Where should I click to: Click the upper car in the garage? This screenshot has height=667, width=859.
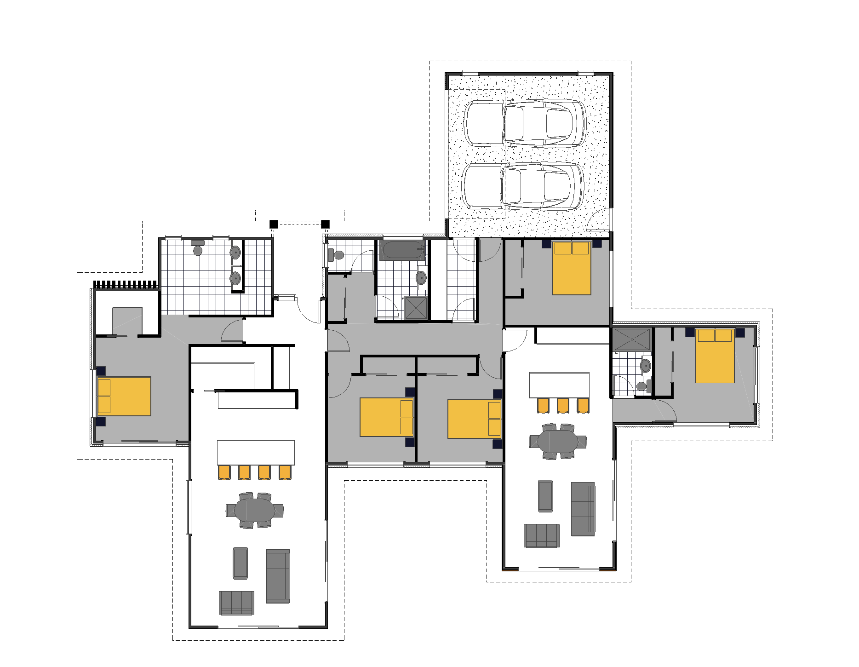pyautogui.click(x=524, y=123)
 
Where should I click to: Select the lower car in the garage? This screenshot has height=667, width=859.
pyautogui.click(x=522, y=186)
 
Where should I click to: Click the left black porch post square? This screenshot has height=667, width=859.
pyautogui.click(x=274, y=224)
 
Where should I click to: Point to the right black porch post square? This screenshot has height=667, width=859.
pyautogui.click(x=325, y=224)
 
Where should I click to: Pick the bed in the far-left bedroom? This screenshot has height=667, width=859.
pyautogui.click(x=124, y=396)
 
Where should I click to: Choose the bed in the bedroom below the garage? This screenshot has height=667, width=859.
pyautogui.click(x=571, y=268)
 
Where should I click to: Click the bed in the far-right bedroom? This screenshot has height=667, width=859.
pyautogui.click(x=715, y=356)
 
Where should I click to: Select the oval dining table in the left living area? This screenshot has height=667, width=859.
pyautogui.click(x=254, y=510)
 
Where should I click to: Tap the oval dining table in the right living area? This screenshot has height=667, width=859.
pyautogui.click(x=558, y=442)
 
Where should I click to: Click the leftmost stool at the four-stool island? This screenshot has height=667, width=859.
pyautogui.click(x=224, y=472)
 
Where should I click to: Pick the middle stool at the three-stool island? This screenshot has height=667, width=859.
pyautogui.click(x=563, y=405)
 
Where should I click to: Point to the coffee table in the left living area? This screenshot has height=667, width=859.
pyautogui.click(x=240, y=563)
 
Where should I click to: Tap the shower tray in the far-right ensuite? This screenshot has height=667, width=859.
pyautogui.click(x=632, y=339)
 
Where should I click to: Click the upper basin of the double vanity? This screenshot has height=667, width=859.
pyautogui.click(x=235, y=252)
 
